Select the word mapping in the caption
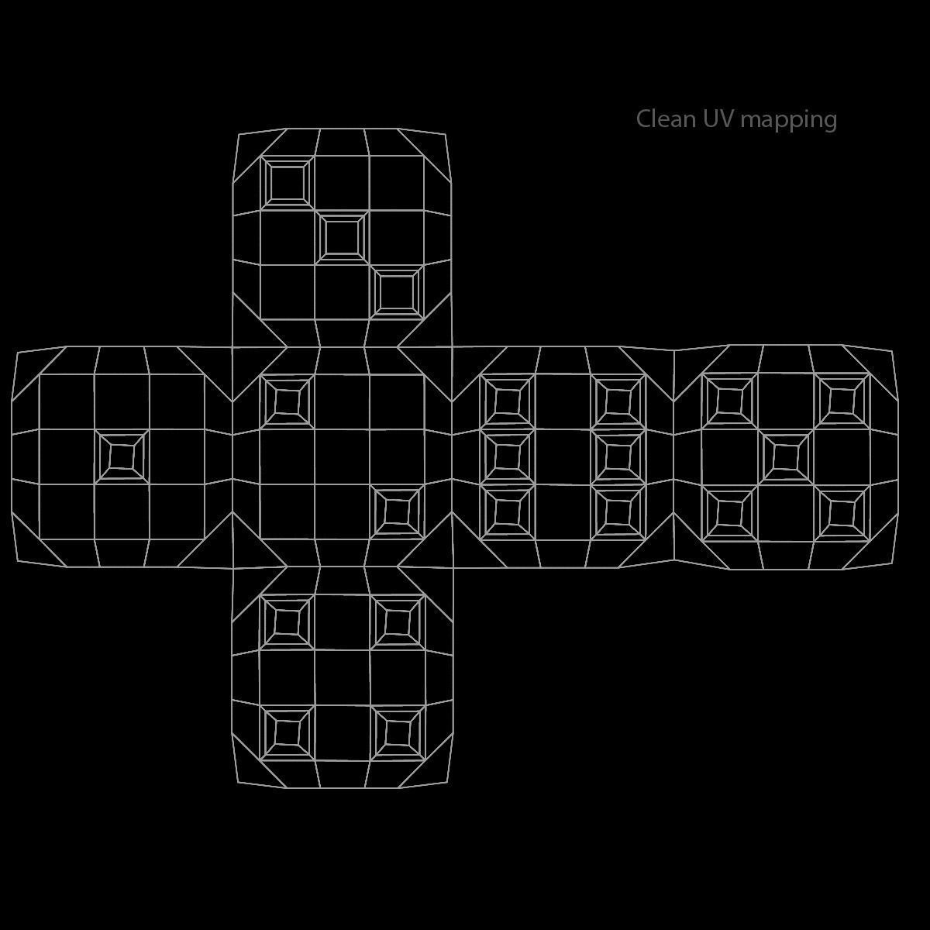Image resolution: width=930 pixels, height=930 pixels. coord(789,121)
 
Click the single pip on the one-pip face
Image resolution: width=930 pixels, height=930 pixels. coord(122,456)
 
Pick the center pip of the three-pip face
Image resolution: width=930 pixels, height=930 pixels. coord(342,236)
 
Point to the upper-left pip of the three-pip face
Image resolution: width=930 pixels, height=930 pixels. coord(287,182)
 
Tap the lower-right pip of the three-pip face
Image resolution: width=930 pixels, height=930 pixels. coord(397,292)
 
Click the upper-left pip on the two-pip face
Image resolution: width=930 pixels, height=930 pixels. coord(287,401)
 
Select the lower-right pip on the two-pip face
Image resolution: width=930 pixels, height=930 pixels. coord(397,511)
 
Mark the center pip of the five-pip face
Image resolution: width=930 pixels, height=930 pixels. coord(786,456)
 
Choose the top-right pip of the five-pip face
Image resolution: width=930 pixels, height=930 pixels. coord(842,401)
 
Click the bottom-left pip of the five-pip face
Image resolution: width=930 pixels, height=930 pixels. coord(729,511)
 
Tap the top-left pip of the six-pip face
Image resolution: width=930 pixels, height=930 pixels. coord(507,401)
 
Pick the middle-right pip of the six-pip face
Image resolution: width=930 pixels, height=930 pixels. coord(618,456)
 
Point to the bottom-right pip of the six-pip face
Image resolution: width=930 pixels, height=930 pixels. coord(618,511)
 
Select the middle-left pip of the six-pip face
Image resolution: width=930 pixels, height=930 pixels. coord(507,456)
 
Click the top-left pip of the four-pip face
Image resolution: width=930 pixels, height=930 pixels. coord(287,621)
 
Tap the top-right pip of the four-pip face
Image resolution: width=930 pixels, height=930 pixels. coord(397,621)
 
